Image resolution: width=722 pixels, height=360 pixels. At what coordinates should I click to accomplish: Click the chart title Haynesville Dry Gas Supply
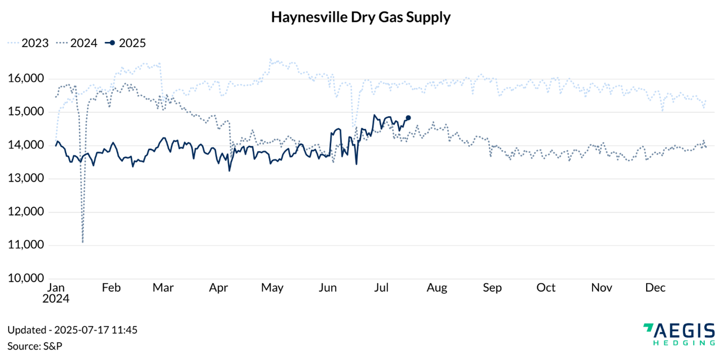click(361, 17)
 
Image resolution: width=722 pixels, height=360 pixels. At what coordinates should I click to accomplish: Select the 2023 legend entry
click(28, 43)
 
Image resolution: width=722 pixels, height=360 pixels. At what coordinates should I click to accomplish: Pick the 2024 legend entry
click(76, 43)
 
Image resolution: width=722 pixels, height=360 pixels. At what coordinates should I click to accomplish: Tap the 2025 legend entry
click(125, 43)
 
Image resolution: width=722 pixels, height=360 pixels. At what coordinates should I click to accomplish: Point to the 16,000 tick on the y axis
click(26, 79)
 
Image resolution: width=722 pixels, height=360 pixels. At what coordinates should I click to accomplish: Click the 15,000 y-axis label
click(26, 112)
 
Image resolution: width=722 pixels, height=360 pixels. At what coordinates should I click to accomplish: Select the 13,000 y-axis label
click(26, 179)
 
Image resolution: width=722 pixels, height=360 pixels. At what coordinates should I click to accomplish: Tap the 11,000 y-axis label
click(26, 245)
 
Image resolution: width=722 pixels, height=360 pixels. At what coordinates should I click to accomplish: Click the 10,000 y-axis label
click(26, 278)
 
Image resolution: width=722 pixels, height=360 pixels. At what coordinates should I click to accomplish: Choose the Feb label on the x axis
click(111, 288)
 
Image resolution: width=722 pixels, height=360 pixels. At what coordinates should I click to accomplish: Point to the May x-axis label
click(272, 288)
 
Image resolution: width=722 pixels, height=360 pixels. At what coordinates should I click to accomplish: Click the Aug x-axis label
click(437, 288)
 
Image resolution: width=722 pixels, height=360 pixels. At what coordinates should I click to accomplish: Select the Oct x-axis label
click(546, 288)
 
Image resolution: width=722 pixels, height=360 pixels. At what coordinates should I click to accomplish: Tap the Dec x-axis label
click(656, 288)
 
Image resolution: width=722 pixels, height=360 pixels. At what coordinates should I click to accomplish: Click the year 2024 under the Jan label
click(56, 298)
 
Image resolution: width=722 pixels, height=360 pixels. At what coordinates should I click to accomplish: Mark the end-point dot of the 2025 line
click(408, 118)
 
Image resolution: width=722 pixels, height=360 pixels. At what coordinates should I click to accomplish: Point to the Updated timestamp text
click(72, 330)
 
